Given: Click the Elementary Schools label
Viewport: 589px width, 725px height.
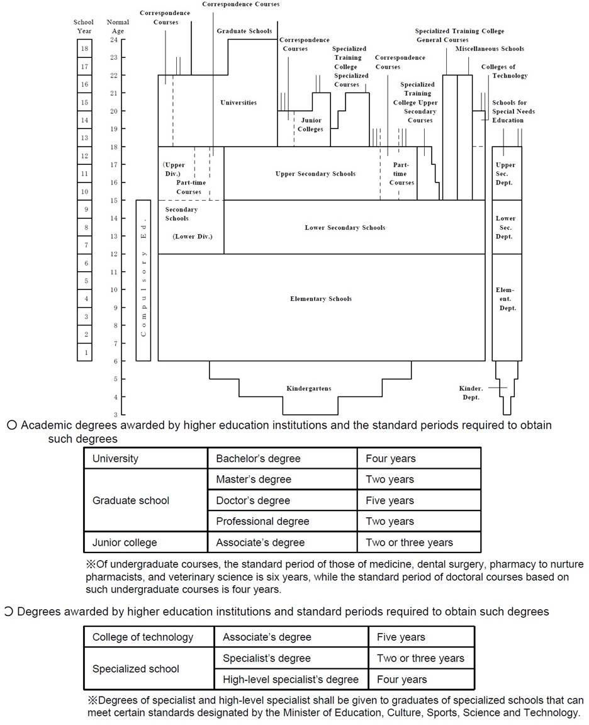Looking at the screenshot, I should point(321,299).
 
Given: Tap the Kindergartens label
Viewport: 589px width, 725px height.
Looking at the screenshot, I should point(308,388).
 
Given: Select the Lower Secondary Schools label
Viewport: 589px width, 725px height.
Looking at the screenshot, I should point(345,227).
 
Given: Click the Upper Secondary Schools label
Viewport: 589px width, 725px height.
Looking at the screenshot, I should point(315,174).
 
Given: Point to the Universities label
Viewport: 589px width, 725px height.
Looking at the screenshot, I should point(238,103).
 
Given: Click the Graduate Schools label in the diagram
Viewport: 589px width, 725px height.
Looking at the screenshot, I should point(244,31).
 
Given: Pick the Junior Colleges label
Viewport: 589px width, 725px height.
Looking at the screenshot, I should point(310,125).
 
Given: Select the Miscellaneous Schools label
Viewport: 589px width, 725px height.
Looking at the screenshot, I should point(490,48).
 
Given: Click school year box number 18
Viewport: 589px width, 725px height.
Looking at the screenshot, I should point(84,48).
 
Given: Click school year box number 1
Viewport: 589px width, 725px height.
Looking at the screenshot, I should point(84,352).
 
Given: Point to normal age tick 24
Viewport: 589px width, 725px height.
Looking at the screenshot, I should point(114,40).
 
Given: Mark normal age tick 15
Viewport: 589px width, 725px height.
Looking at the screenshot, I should point(114,201).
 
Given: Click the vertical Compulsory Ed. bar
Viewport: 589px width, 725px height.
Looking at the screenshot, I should point(143,280).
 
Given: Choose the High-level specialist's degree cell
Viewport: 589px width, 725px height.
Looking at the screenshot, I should point(291,679).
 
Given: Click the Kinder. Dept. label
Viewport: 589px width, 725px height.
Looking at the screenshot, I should point(471,393).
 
